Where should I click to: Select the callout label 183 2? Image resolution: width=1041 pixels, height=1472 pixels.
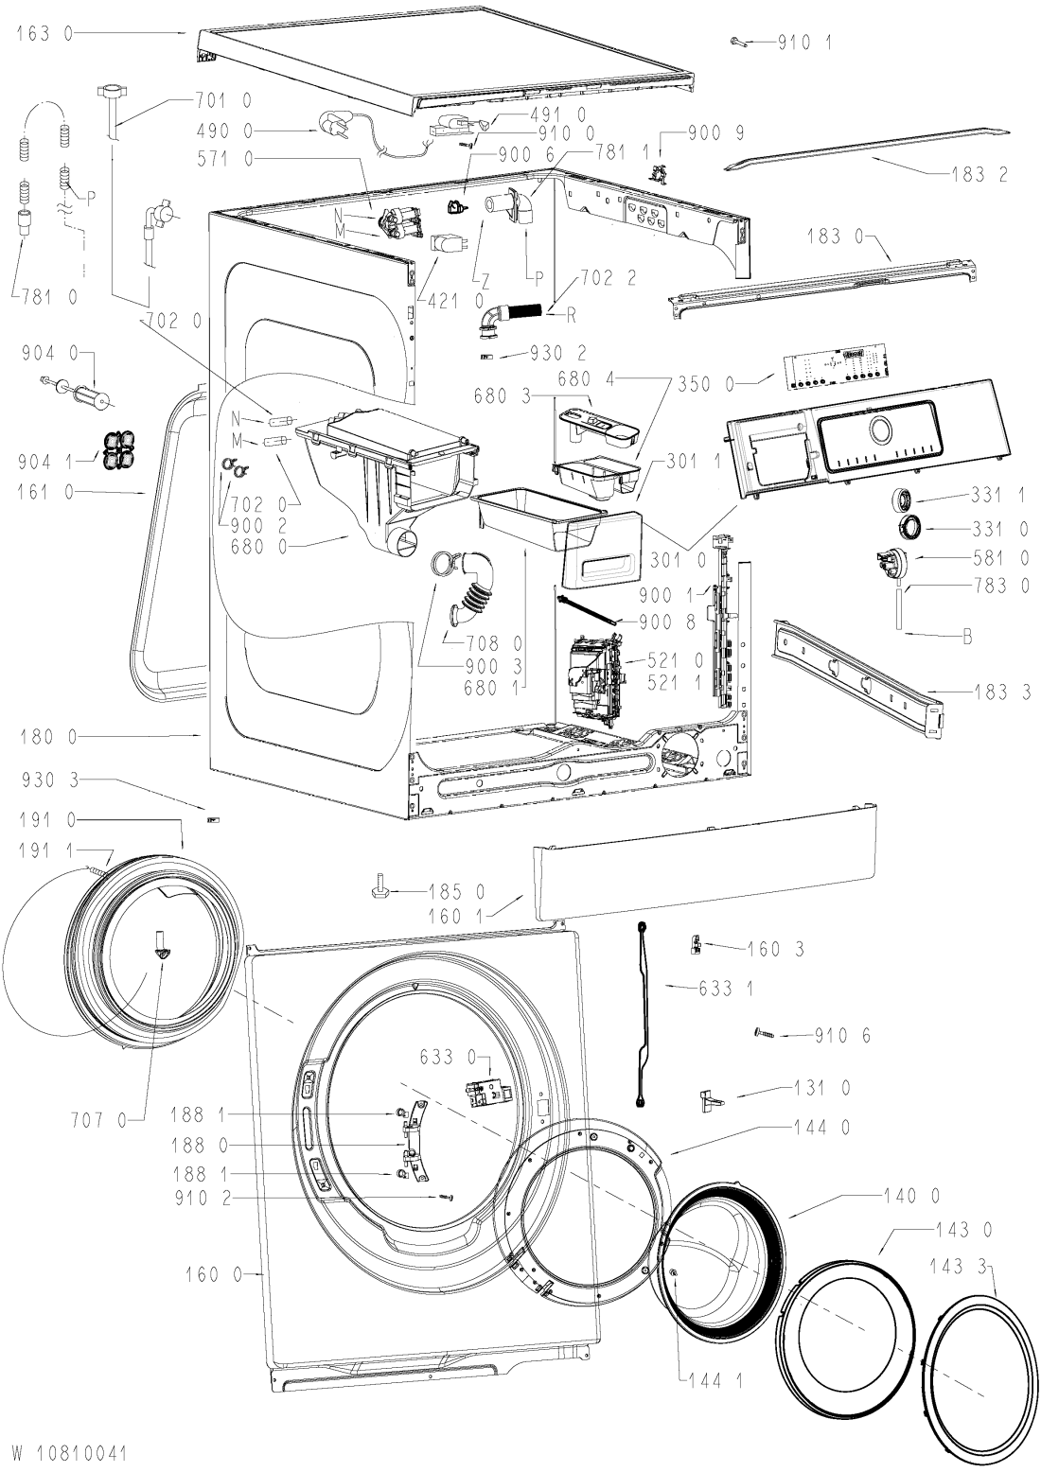pyautogui.click(x=979, y=175)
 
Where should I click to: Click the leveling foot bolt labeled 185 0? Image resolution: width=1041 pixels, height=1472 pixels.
pyautogui.click(x=379, y=890)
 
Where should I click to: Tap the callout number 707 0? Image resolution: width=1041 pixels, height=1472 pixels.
pyautogui.click(x=98, y=1120)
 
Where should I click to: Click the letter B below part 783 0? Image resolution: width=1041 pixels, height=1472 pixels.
pyautogui.click(x=967, y=637)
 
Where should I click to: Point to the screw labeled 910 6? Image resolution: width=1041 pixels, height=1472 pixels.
pyautogui.click(x=765, y=1034)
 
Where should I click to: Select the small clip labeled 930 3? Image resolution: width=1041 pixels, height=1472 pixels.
pyautogui.click(x=213, y=819)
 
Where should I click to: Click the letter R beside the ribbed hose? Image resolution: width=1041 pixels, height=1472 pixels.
pyautogui.click(x=571, y=316)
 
